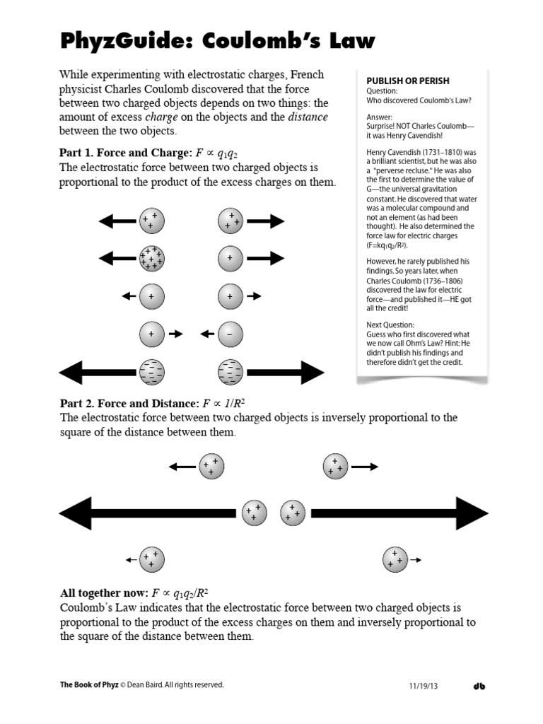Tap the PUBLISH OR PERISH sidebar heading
click(x=407, y=81)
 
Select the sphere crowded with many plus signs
click(x=151, y=258)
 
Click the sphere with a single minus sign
click(x=230, y=334)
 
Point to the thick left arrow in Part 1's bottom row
click(x=98, y=371)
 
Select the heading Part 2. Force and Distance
click(x=129, y=403)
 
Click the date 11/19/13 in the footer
click(x=424, y=686)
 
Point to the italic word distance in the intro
click(x=308, y=117)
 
